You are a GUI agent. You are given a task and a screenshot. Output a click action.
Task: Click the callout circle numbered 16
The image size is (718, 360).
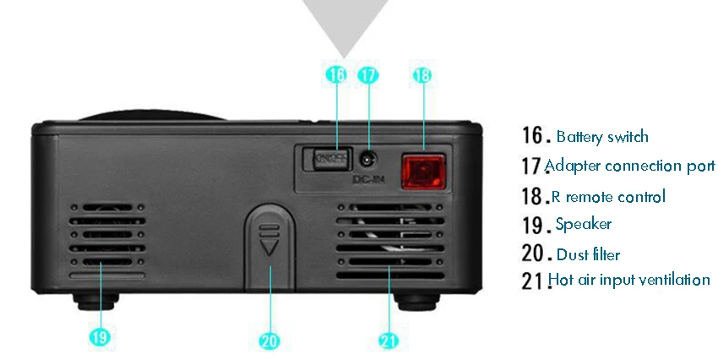pos(336,74)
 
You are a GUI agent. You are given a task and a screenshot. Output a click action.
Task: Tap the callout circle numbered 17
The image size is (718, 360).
pos(368,74)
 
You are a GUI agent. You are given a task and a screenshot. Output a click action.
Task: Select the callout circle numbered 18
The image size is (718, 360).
pos(422,75)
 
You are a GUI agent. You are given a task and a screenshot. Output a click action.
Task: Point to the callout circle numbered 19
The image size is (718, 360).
pos(100,336)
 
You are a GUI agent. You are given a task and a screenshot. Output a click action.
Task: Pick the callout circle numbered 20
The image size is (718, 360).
pos(269,341)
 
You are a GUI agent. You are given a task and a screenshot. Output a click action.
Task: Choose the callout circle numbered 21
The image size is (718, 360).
pos(389,341)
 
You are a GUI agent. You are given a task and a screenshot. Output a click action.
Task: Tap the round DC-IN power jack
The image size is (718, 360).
pos(367,161)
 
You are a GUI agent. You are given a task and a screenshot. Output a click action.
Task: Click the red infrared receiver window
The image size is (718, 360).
pos(423,172)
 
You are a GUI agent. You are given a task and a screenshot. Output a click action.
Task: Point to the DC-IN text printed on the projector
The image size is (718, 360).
pos(368,179)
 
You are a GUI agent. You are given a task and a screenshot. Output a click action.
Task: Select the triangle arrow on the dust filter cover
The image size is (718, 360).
pos(269,248)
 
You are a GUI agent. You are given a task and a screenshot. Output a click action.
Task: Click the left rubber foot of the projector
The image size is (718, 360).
pos(95,302)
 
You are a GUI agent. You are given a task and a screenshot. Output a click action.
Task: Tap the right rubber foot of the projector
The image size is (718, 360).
pos(417,302)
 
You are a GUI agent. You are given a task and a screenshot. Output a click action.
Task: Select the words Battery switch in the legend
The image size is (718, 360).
pos(602,137)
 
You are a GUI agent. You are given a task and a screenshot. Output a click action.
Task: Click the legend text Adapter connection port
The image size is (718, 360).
pos(629,166)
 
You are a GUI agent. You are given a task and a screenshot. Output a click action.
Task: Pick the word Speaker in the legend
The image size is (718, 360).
pos(584,224)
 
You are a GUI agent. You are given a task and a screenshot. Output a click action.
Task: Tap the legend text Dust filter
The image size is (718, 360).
pos(588,254)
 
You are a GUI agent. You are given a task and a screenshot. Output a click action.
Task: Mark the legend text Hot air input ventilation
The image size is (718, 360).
pos(629,280)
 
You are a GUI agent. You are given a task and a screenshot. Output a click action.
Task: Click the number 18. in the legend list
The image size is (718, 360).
pos(536,196)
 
